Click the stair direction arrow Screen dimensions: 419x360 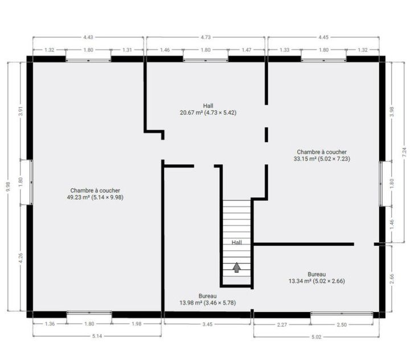pyautogui.click(x=236, y=267)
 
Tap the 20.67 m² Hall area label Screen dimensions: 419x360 pyautogui.click(x=208, y=113)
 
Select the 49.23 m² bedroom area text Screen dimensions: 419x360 pyautogui.click(x=95, y=197)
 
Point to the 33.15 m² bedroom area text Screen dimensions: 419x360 pyautogui.click(x=322, y=159)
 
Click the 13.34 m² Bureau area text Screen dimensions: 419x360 pyautogui.click(x=317, y=281)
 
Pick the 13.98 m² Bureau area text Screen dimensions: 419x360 pyautogui.click(x=208, y=303)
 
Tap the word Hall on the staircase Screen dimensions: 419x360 pyautogui.click(x=237, y=243)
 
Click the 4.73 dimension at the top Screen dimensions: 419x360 pyautogui.click(x=206, y=38)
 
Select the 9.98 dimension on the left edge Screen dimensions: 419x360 pyautogui.click(x=8, y=187)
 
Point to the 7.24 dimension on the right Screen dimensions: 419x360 pyautogui.click(x=404, y=152)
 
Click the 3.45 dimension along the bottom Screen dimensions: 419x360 pyautogui.click(x=207, y=324)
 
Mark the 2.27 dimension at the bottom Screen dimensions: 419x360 pyautogui.click(x=282, y=325)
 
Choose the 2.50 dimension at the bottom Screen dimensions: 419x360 pyautogui.click(x=342, y=325)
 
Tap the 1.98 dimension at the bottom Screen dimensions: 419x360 pyautogui.click(x=136, y=324)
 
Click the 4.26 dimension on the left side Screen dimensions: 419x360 pyautogui.click(x=21, y=258)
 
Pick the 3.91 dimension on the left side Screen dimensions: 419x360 pyautogui.click(x=21, y=111)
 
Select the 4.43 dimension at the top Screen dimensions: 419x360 pyautogui.click(x=88, y=38)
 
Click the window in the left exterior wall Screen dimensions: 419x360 pyautogui.click(x=31, y=182)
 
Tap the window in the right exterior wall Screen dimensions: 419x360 pyautogui.click(x=381, y=184)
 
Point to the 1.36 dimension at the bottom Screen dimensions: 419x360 pyautogui.click(x=50, y=324)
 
